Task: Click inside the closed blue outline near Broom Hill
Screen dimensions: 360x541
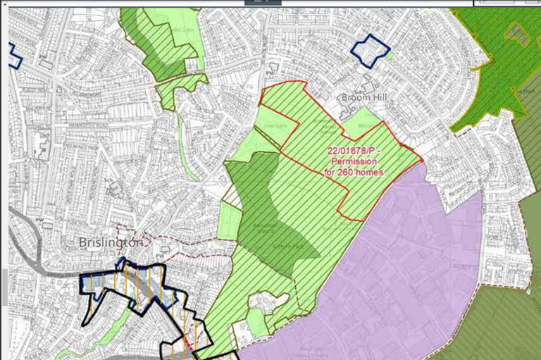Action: click(371, 51)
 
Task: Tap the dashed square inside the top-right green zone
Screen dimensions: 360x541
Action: click(517, 31)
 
